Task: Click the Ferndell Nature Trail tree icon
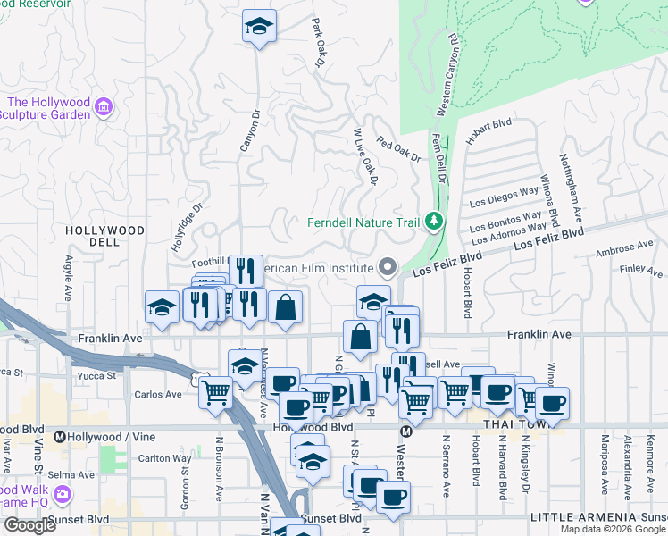pos(434,221)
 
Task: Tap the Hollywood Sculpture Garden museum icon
pos(104,108)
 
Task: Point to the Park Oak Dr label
pos(319,42)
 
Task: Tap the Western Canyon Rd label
pos(447,76)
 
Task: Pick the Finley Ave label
pos(641,269)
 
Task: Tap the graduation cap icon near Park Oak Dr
pos(259,26)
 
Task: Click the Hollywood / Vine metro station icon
pos(60,437)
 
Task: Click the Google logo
pos(29,525)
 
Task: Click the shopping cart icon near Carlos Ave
pos(217,391)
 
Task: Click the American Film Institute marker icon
pos(388,267)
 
